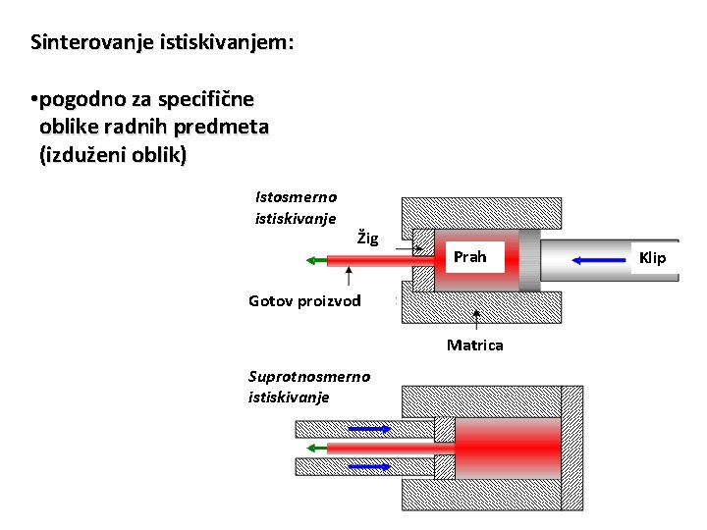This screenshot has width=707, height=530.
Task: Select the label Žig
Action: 367,238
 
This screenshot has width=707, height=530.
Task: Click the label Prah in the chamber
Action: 469,257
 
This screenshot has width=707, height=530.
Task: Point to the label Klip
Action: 652,258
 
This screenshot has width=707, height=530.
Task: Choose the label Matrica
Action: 475,344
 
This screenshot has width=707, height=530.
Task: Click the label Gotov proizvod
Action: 304,300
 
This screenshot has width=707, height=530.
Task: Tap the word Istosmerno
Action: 296,196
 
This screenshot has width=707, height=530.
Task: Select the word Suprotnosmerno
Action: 309,376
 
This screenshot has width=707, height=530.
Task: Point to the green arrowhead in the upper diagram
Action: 310,260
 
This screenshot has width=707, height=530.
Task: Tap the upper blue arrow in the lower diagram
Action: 370,429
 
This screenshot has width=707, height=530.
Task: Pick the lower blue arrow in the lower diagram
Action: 370,466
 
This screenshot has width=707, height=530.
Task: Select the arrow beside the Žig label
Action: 409,249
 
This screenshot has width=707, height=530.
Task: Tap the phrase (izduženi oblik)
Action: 112,155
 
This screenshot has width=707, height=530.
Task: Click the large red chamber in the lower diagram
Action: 507,448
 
